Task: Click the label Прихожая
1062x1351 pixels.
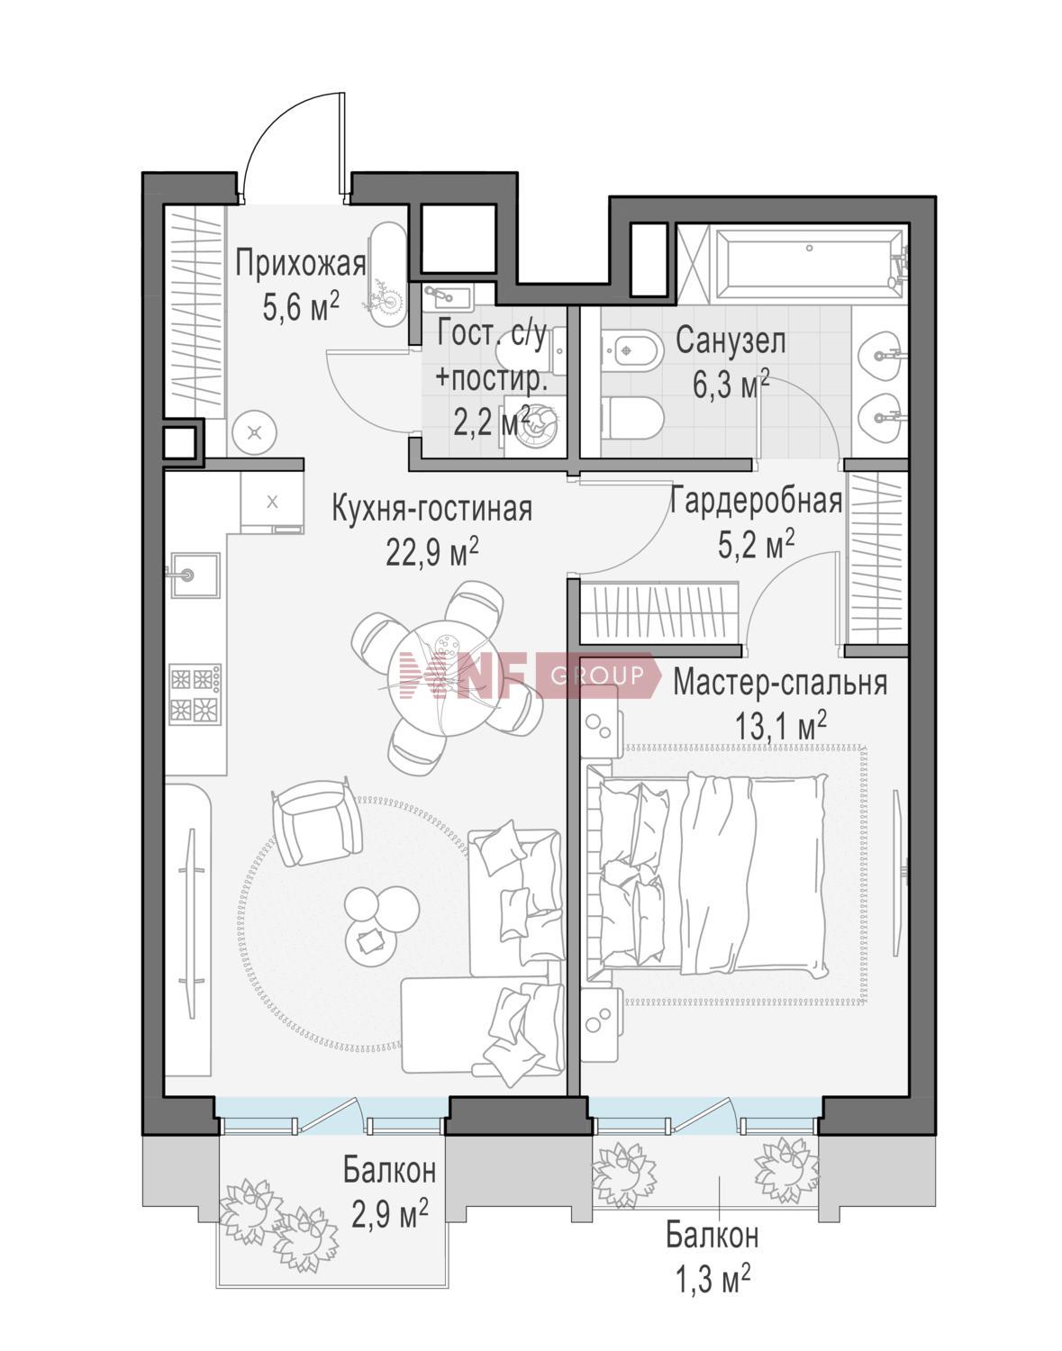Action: point(300,264)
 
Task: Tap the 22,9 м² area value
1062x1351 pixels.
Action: point(431,549)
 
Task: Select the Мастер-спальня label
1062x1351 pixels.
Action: point(780,683)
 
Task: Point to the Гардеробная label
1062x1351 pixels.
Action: point(756,501)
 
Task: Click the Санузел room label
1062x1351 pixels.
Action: point(731,341)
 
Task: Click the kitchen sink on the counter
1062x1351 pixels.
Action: point(192,575)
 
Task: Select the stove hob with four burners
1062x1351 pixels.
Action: point(195,693)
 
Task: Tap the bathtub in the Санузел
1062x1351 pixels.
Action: point(808,262)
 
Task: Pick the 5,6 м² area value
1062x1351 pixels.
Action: point(300,307)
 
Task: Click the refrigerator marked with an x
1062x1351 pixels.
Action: point(271,502)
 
